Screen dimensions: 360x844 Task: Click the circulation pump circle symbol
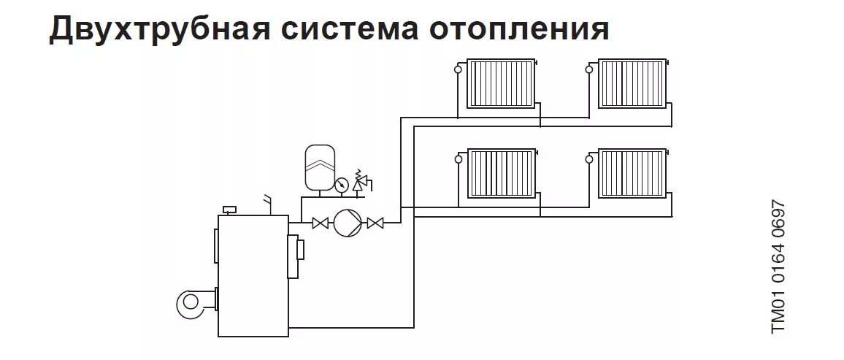click(x=347, y=223)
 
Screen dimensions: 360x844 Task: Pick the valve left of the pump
click(x=319, y=223)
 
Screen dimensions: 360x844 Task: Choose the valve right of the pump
click(x=375, y=223)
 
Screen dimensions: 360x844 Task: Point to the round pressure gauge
click(x=341, y=185)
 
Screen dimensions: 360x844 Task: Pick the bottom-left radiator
click(x=502, y=173)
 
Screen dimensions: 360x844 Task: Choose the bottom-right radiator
click(x=632, y=173)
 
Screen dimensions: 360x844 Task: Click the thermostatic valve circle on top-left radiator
click(x=459, y=69)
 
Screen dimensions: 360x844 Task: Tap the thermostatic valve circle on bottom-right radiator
click(x=589, y=158)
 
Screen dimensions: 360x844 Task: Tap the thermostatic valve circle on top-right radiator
click(x=589, y=69)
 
